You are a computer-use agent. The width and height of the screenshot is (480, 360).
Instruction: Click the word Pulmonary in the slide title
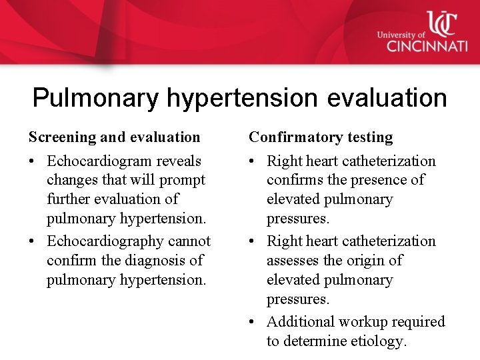pos(95,98)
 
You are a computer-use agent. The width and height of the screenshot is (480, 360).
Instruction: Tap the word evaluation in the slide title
pos(387,98)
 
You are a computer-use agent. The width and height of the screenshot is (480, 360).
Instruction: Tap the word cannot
pos(189,241)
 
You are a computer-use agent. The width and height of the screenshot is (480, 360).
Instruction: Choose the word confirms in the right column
pos(291,180)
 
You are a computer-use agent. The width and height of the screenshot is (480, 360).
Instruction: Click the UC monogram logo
pos(441,23)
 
